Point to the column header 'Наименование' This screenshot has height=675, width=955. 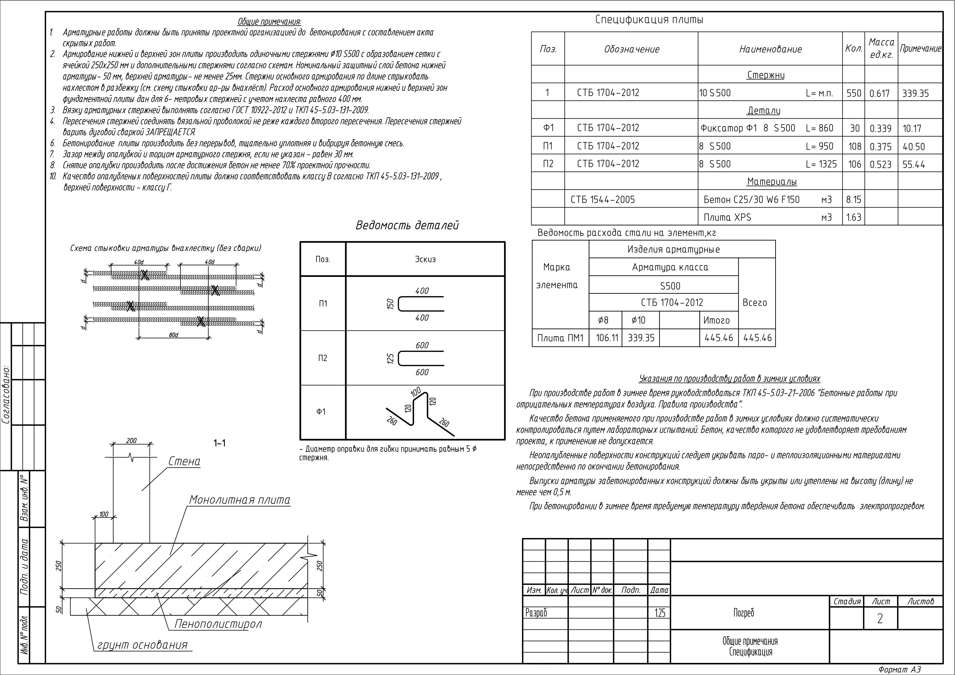pyautogui.click(x=770, y=49)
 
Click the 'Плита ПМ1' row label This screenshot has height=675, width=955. pyautogui.click(x=560, y=338)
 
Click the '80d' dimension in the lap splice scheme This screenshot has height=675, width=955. pyautogui.click(x=173, y=335)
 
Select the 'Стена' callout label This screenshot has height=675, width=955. pyautogui.click(x=184, y=461)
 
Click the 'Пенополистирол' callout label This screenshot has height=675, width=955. pyautogui.click(x=218, y=624)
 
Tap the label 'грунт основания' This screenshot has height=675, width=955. pyautogui.click(x=142, y=645)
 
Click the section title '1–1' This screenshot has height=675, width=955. pyautogui.click(x=220, y=443)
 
